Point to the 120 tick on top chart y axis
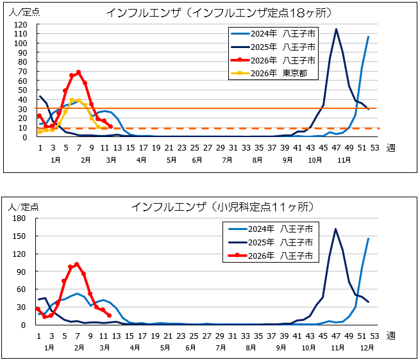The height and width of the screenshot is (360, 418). pyautogui.click(x=21, y=24)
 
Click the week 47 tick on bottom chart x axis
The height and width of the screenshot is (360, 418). pyautogui.click(x=335, y=335)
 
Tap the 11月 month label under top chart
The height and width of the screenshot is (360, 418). pyautogui.click(x=336, y=159)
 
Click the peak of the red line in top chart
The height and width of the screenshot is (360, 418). pyautogui.click(x=78, y=72)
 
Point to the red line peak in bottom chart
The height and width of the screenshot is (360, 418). pyautogui.click(x=77, y=264)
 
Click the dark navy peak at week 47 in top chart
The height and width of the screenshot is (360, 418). pyautogui.click(x=336, y=29)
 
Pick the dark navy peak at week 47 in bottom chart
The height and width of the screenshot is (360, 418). pyautogui.click(x=335, y=229)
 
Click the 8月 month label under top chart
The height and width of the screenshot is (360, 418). pyautogui.click(x=256, y=159)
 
